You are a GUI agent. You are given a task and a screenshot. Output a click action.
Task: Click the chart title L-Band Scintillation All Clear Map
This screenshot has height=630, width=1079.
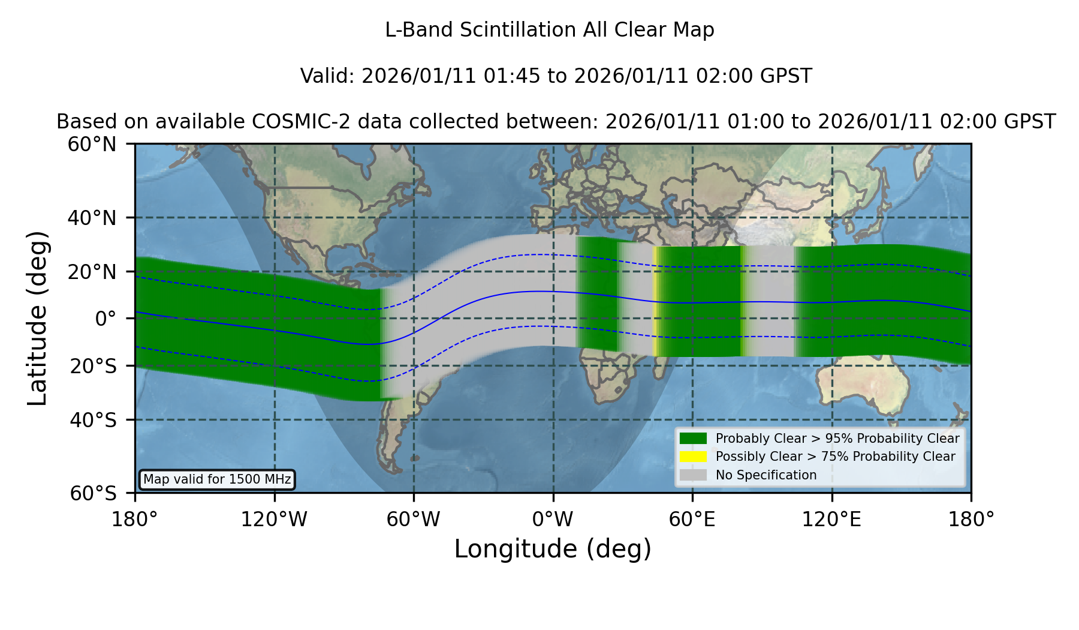point(549,30)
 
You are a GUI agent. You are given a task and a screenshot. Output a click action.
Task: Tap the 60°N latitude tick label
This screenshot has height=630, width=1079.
point(92,145)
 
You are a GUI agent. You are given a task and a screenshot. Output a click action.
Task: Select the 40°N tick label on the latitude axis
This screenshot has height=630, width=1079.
point(92,218)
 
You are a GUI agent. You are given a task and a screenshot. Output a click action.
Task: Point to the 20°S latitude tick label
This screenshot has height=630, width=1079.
point(93,366)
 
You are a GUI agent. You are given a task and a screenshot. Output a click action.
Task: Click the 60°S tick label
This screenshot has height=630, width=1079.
point(93,493)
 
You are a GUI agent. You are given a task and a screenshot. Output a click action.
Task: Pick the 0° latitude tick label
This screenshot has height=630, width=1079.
point(106,319)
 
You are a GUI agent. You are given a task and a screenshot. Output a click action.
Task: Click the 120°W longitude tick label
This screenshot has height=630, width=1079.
point(274,519)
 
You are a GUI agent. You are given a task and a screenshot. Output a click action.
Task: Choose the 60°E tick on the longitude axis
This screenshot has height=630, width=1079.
point(692,519)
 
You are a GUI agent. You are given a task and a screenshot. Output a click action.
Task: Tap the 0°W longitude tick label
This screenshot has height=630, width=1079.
point(553,519)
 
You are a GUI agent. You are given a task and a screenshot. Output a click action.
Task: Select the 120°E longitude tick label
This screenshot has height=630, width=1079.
point(831,519)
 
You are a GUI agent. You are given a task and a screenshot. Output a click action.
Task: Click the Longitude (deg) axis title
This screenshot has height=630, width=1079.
point(553,549)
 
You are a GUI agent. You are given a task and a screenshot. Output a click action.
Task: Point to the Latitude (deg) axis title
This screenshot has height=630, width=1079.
point(38,319)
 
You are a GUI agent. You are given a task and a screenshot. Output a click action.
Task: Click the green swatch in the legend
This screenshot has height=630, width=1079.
point(693,439)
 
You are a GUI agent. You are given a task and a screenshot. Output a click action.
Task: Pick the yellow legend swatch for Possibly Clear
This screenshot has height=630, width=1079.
point(693,457)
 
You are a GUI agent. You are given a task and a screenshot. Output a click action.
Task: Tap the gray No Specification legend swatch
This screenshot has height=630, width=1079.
point(693,475)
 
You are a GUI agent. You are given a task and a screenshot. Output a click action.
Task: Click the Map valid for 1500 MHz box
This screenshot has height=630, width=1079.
point(217,479)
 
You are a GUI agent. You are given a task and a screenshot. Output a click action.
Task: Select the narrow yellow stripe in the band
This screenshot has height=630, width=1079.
point(656,301)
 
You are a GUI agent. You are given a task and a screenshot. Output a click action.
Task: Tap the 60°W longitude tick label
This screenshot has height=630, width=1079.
point(414,519)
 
